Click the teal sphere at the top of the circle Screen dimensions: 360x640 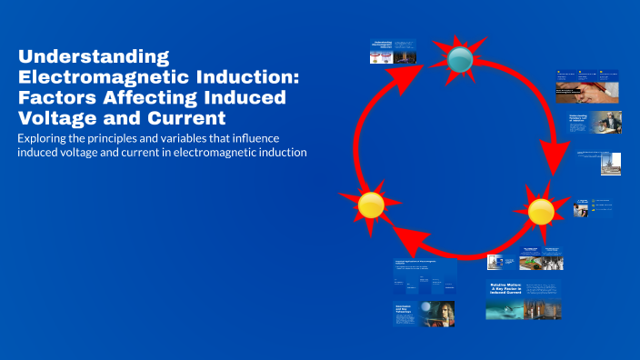460,60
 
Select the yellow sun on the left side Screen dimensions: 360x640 370,205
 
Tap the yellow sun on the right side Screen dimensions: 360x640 540,211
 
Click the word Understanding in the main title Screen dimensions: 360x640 81,57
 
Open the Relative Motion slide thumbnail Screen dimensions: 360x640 523,301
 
